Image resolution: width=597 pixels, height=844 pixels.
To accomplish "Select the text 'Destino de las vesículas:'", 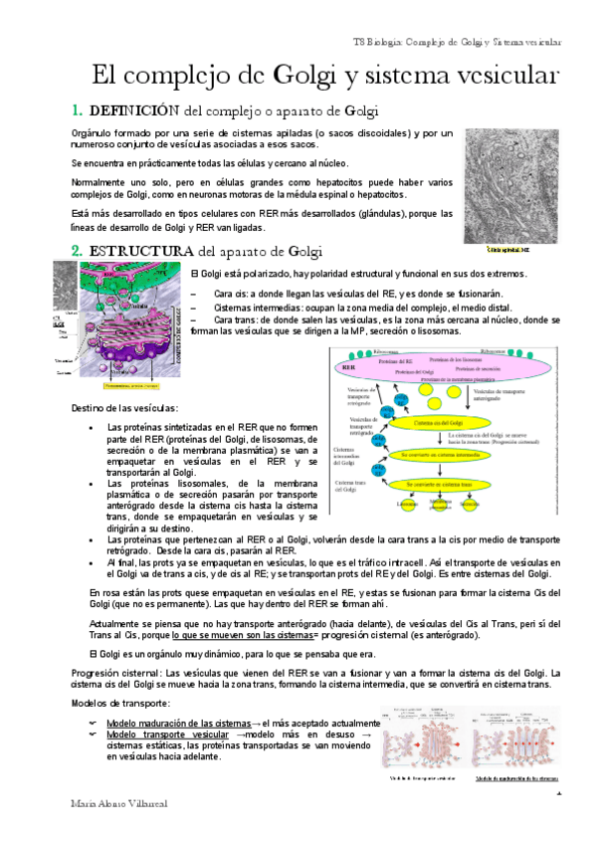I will coord(125,408).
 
